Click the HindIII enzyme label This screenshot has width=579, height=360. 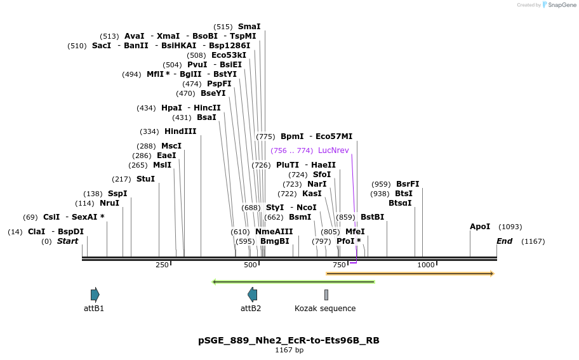point(180,131)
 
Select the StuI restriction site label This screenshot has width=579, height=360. point(145,179)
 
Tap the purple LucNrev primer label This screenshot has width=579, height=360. point(333,150)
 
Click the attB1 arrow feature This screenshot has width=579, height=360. point(95,295)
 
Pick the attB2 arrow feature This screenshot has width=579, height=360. point(252,295)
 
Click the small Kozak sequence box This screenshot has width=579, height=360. point(326,295)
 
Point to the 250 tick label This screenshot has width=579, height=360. point(162,265)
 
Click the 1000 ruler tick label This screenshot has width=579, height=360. point(425,265)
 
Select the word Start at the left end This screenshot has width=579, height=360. point(68,241)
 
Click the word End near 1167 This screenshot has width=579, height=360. point(504,241)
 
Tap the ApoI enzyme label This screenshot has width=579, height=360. point(480,227)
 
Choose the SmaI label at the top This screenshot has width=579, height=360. point(249,27)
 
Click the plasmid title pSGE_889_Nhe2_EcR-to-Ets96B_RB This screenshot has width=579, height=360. point(289,340)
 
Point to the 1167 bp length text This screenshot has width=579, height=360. point(289,350)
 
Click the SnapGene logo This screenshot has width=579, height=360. point(557,5)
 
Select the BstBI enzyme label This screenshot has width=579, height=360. point(373,217)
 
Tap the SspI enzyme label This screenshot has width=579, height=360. point(117,194)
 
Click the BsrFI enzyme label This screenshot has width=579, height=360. point(408,184)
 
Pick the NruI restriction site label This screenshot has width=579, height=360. point(109,203)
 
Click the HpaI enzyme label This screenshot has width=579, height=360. point(171,108)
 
